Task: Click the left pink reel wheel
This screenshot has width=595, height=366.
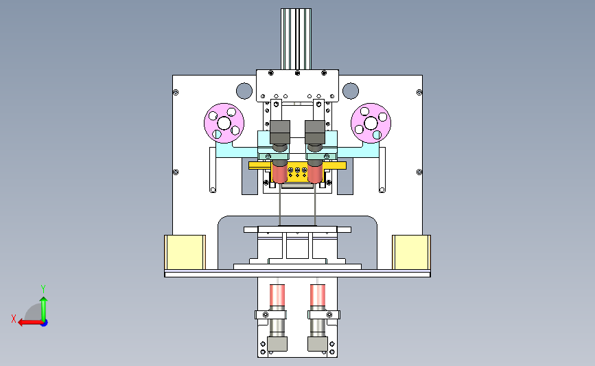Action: [224, 123]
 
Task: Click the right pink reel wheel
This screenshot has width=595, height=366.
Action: [371, 123]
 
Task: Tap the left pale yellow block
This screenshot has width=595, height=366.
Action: [185, 252]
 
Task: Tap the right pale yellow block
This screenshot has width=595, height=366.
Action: [411, 252]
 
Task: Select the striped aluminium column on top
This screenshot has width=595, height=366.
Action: [296, 39]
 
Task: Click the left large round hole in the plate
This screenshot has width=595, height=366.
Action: [244, 91]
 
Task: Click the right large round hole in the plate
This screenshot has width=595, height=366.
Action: [351, 91]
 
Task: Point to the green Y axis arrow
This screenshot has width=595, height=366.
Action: [44, 309]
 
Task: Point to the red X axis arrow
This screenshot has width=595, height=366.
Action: [30, 323]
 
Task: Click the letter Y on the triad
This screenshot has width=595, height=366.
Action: [43, 289]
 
